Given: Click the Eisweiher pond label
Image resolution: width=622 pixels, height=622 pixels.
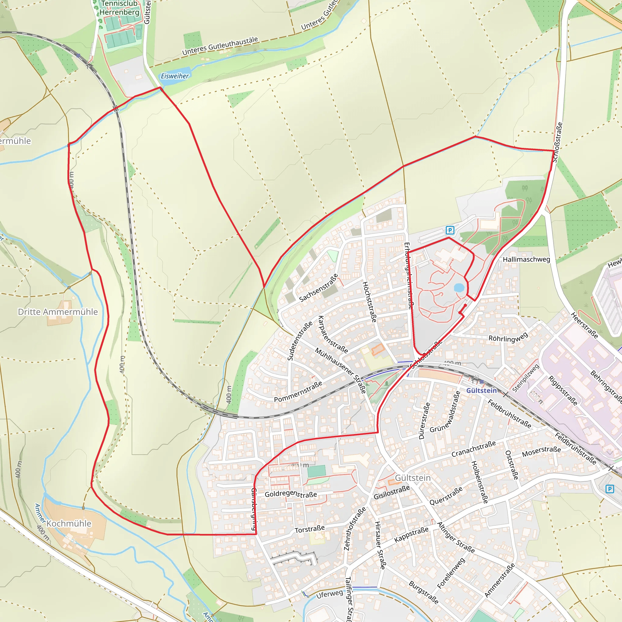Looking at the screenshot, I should click(175, 76).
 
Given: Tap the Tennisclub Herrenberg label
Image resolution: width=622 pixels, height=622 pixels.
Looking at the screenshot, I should click(119, 8).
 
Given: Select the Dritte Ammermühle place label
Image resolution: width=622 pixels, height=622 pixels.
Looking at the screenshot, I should click(58, 312).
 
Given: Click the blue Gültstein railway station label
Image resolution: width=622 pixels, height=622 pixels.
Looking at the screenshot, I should click(481, 391).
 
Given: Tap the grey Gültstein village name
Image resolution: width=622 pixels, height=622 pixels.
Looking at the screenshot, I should click(413, 478).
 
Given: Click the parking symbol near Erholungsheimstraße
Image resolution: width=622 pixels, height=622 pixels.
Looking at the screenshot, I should click(450, 230).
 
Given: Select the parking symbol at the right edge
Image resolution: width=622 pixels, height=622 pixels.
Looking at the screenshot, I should click(610, 489).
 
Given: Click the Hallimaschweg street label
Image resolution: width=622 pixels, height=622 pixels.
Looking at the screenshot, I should click(526, 259).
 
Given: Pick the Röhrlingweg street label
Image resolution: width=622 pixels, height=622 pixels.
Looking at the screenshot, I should click(508, 337).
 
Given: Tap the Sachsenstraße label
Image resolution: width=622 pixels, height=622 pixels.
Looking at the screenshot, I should click(319, 288).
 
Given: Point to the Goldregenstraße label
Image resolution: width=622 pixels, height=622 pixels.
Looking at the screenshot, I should click(291, 494).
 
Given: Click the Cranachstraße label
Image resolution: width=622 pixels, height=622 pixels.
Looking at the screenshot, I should click(473, 449).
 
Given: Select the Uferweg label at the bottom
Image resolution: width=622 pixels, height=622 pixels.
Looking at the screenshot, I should click(329, 594).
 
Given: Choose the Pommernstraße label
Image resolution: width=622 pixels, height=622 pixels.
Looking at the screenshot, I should click(298, 391).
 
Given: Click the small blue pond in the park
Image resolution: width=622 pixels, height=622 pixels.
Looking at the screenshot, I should click(459, 288).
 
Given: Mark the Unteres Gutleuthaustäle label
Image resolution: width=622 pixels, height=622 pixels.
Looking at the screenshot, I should click(220, 46).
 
